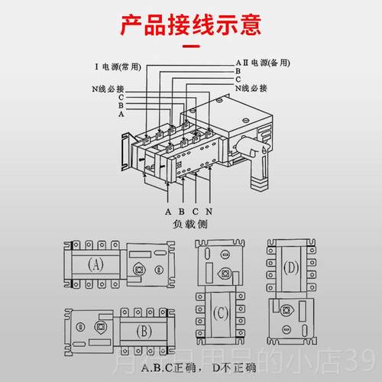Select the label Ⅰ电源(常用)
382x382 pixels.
[122, 67]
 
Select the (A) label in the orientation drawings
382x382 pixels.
[95, 265]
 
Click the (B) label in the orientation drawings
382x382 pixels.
[144, 332]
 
